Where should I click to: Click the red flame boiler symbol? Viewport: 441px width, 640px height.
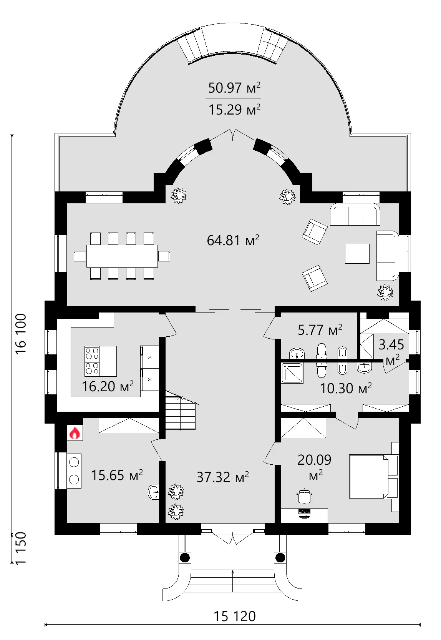75,433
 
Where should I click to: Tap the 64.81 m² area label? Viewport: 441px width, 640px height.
233,241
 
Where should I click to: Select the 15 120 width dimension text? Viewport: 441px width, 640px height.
234,616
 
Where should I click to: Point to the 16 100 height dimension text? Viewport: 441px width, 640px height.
21,334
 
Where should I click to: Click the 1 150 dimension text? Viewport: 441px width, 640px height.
21,548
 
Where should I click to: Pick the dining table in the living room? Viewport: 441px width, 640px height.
122,256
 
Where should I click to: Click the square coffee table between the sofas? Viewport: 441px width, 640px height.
357,254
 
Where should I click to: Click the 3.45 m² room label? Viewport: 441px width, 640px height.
391,351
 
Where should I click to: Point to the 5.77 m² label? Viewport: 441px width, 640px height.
320,330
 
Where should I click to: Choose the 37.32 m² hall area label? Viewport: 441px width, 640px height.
222,477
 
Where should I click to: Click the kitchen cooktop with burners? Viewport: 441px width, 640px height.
92,361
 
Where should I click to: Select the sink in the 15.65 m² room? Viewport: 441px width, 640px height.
154,491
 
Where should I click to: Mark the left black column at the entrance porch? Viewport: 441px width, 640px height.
185,557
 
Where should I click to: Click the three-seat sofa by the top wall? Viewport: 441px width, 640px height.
355,215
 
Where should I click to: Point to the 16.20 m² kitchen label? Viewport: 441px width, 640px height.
108,386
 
